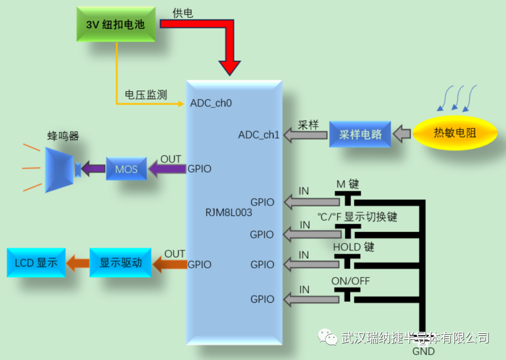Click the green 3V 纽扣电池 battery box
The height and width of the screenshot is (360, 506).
tap(116, 24)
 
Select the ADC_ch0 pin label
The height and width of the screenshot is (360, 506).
tap(210, 103)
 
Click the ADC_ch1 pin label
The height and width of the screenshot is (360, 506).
tap(259, 135)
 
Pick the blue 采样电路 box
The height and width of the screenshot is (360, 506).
tap(360, 135)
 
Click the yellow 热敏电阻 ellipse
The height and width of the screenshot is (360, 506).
tap(454, 133)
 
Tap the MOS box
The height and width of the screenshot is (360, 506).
tap(126, 169)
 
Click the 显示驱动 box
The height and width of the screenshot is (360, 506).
tap(120, 263)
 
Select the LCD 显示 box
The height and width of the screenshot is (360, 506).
tap(37, 263)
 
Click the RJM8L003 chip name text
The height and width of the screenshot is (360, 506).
tap(228, 212)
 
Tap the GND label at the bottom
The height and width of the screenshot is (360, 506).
tap(423, 352)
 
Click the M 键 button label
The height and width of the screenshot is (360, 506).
tap(348, 185)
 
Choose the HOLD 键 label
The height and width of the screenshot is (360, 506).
tap(353, 247)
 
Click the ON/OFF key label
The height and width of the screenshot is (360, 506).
tap(351, 281)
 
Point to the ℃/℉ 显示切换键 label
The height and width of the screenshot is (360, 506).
tap(356, 217)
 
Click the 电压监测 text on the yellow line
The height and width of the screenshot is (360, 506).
tap(146, 94)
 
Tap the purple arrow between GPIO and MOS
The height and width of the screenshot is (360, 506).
tap(168, 169)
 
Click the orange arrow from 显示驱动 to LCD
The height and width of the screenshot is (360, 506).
tap(78, 263)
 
